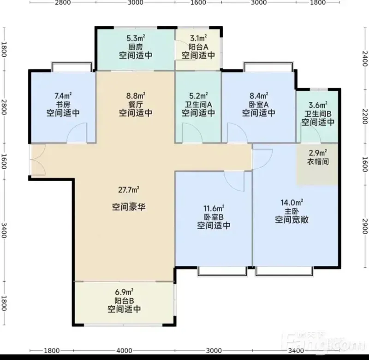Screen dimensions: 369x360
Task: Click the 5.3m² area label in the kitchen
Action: coord(136,38)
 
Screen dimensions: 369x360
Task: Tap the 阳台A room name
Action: coord(198,47)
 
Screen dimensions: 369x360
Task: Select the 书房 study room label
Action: coord(63,104)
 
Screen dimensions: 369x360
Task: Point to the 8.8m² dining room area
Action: coord(136,96)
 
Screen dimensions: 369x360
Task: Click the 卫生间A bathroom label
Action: coord(198,104)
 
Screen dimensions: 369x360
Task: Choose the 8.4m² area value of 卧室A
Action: coord(259,96)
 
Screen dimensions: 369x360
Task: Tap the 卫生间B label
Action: coord(318,114)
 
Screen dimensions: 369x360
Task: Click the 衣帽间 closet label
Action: coord(318,162)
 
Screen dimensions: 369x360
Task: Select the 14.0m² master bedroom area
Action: coord(292,202)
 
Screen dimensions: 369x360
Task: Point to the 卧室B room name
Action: coord(214,217)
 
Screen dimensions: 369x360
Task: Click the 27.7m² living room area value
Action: coord(129,189)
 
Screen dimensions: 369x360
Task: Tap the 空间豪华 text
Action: coord(129,207)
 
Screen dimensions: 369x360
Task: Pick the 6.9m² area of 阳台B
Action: coord(124,292)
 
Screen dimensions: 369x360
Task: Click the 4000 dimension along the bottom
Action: coord(124,351)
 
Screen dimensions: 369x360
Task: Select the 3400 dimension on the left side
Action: coord(4,230)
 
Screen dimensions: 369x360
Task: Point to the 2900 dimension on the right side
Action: coord(365,226)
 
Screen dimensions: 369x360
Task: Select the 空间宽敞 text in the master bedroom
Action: coord(292,220)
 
